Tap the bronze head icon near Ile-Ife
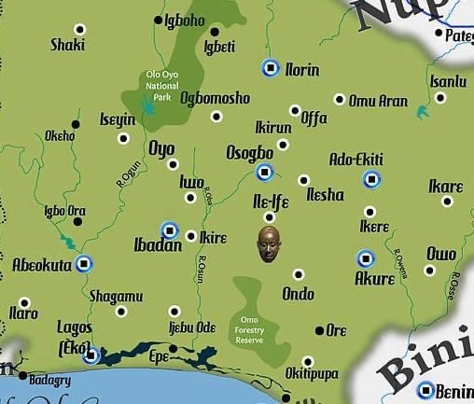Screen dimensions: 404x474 point(268,243)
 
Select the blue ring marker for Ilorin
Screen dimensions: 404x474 point(271,67)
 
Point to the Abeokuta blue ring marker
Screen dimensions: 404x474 point(84,263)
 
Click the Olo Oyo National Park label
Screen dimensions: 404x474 point(162,86)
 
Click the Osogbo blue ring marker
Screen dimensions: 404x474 point(265,172)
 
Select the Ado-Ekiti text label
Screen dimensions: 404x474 point(356,160)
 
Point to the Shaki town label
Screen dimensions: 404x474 point(67,44)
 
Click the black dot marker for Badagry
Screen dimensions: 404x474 point(22,375)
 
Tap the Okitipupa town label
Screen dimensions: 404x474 point(314,381)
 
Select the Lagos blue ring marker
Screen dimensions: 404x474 point(91,355)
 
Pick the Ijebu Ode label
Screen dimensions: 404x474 point(192,327)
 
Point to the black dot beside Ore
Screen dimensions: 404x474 point(319,330)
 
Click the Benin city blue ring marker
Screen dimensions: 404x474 point(425,390)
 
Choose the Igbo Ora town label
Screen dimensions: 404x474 point(65,211)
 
